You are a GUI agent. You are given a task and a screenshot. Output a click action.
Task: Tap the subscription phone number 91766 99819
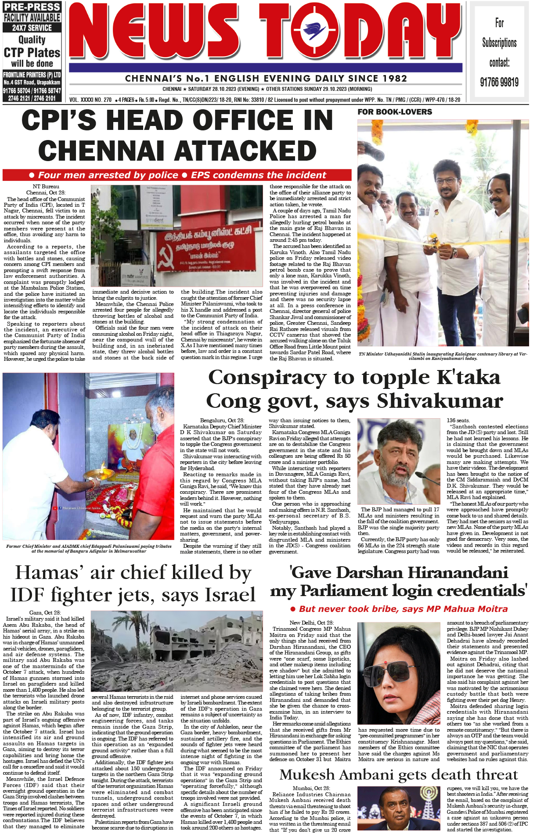(x=499, y=82)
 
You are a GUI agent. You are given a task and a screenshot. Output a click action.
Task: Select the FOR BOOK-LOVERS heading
(x=395, y=112)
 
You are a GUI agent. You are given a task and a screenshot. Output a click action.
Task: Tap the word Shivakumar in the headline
(x=440, y=401)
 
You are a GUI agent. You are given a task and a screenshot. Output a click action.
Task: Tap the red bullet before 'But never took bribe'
(x=293, y=609)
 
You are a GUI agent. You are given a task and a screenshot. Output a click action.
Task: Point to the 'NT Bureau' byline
(x=46, y=187)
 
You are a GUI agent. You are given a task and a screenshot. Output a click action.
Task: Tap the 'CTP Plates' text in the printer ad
(x=32, y=53)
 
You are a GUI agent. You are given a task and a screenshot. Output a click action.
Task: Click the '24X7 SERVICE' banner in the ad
(x=32, y=28)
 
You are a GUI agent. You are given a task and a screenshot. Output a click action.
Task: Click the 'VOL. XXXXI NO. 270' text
(x=90, y=100)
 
